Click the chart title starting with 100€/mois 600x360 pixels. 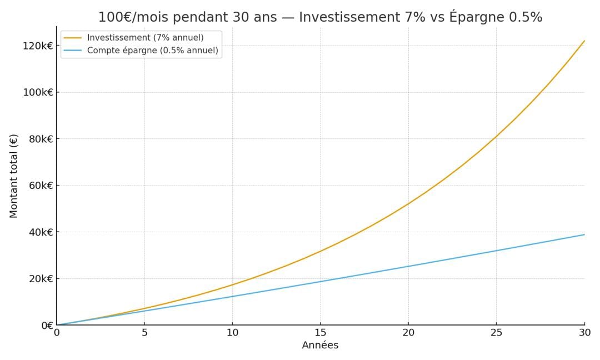320,17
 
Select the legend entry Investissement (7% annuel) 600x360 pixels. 145,38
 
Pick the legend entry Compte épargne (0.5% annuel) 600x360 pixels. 152,51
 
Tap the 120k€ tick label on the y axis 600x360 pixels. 38,46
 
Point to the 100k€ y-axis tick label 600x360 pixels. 38,92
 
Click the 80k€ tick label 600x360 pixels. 41,139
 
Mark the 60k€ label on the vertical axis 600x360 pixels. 41,186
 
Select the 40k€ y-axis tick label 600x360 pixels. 41,232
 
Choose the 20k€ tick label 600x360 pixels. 41,279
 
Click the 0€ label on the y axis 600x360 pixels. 47,326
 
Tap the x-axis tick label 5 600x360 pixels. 144,333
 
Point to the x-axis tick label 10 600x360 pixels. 232,333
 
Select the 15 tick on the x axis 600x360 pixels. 320,333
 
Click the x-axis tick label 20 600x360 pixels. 408,333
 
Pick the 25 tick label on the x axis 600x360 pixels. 496,333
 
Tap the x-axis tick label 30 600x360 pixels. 584,333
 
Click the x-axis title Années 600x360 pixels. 320,346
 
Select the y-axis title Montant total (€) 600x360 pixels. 14,176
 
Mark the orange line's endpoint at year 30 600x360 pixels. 584,41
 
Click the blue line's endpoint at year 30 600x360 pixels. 584,234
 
